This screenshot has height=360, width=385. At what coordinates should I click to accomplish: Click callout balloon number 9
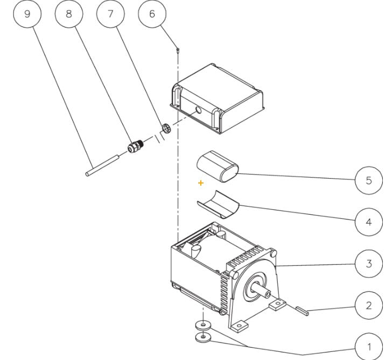tap(26, 14)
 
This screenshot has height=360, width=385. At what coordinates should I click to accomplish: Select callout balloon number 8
tap(68, 14)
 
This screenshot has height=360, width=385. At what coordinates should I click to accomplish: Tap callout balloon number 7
tap(110, 14)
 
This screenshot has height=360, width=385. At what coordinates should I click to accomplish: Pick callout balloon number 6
tap(152, 14)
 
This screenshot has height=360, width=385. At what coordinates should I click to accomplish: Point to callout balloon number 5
tap(368, 180)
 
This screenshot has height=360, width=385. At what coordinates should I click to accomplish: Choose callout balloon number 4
tap(368, 222)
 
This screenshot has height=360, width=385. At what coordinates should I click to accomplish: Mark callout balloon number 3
tap(368, 264)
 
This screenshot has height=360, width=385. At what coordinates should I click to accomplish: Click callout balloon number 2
tap(368, 305)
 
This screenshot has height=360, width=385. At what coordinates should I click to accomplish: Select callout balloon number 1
tap(368, 347)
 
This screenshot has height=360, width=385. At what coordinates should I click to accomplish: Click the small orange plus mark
tap(201, 183)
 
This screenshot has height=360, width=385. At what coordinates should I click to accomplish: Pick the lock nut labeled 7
tap(167, 128)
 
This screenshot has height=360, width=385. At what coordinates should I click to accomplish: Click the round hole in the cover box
tap(198, 110)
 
